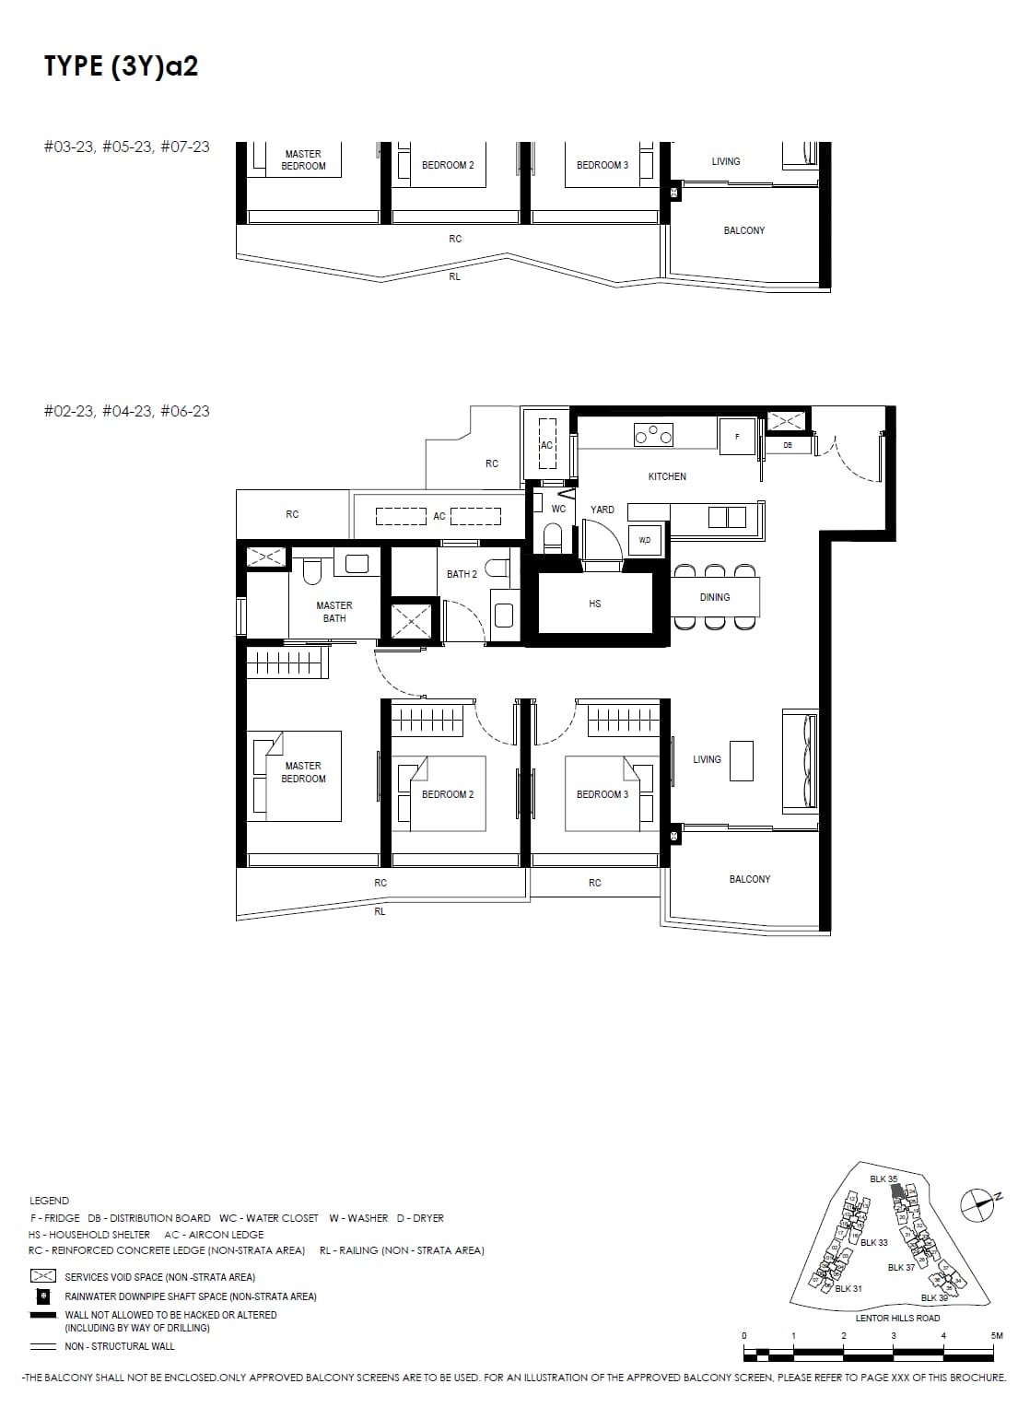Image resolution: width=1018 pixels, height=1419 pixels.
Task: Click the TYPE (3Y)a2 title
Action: click(121, 66)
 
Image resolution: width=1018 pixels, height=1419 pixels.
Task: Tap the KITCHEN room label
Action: click(667, 476)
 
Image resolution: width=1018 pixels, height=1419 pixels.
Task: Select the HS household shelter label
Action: click(595, 604)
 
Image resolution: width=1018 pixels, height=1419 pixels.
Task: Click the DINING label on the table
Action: click(715, 597)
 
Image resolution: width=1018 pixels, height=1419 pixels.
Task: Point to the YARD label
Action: click(603, 510)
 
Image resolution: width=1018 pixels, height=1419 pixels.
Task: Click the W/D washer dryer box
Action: click(644, 540)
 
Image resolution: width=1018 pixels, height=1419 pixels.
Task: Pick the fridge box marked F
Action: click(737, 436)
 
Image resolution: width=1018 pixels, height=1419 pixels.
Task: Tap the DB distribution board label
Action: click(788, 446)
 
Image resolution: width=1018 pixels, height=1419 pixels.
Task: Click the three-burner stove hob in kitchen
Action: click(653, 434)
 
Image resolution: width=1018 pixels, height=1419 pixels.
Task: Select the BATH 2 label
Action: click(462, 574)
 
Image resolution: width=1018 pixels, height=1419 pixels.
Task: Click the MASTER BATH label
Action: click(334, 612)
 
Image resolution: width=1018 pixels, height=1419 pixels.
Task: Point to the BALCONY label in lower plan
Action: click(749, 879)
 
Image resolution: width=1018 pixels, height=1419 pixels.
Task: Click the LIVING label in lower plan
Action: click(707, 759)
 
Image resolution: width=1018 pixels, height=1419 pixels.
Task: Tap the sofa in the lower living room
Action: click(800, 760)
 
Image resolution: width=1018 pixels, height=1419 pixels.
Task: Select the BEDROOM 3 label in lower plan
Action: click(602, 794)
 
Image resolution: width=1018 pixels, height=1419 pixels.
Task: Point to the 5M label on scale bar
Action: click(996, 1335)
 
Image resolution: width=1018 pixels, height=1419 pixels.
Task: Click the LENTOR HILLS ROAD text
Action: click(897, 1318)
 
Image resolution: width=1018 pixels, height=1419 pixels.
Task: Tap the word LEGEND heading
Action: click(49, 1201)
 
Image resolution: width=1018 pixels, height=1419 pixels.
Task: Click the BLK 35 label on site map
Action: click(883, 1179)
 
